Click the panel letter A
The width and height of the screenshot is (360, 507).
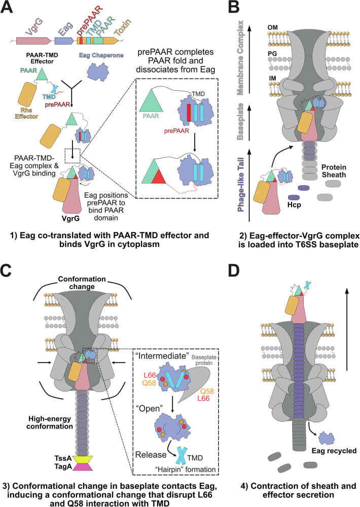click(7, 7)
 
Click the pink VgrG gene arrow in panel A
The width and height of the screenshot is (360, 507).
click(33, 41)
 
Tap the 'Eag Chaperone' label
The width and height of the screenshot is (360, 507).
click(101, 55)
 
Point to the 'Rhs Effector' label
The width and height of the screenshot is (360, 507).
click(26, 114)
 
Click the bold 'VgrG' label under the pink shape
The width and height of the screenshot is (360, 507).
click(70, 218)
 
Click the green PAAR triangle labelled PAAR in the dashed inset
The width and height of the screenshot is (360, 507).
click(151, 100)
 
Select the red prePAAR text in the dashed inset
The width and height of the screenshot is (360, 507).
click(176, 131)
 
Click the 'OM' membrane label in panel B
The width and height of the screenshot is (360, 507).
click(272, 27)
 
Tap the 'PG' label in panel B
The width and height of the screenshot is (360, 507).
click(272, 53)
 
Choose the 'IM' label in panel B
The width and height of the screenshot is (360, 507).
click(272, 78)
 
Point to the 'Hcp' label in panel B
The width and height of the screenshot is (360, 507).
click(294, 205)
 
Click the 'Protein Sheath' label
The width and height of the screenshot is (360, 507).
click(334, 171)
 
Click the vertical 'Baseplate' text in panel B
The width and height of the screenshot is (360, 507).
click(240, 122)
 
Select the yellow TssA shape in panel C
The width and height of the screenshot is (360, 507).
click(83, 459)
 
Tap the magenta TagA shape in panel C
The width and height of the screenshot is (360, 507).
click(83, 466)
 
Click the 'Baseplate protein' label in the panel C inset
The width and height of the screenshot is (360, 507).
click(204, 360)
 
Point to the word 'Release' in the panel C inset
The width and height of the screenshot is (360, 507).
click(151, 455)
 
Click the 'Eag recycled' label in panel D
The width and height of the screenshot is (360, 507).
click(334, 451)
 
